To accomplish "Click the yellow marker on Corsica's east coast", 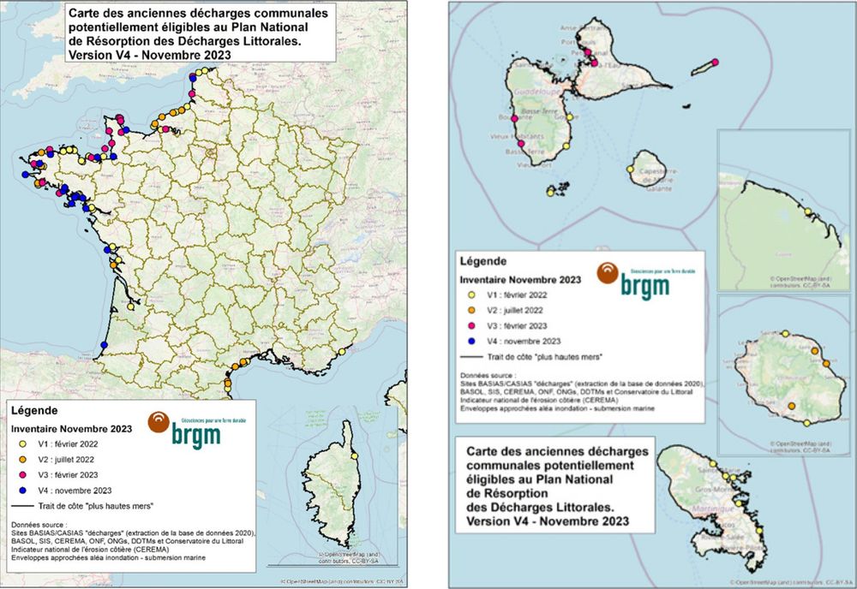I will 353,456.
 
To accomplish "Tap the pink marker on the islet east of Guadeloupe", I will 716,62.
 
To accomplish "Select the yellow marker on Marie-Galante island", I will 631,170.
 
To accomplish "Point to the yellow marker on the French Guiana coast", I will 807,211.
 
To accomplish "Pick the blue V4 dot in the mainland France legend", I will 18,491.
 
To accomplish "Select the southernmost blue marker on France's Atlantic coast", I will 104,344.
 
